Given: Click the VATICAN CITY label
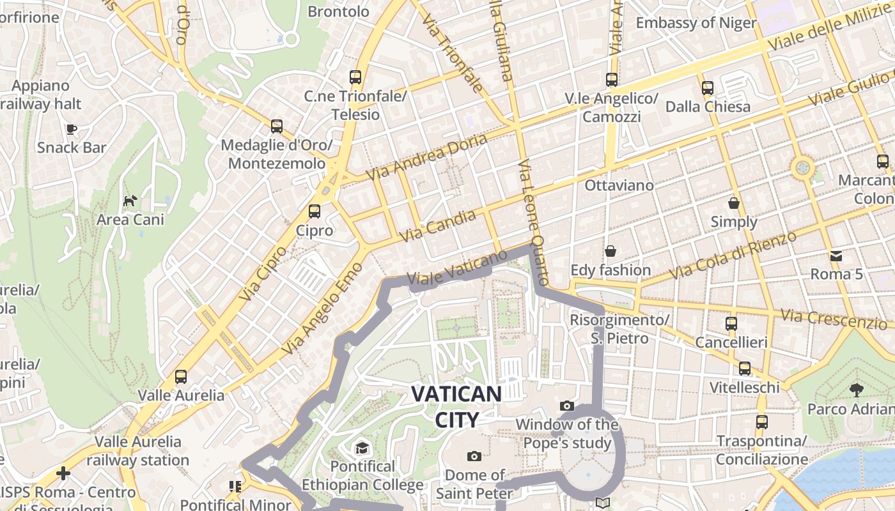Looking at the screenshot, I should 456,406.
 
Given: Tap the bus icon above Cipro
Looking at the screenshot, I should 315,211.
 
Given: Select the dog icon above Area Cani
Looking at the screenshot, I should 130,201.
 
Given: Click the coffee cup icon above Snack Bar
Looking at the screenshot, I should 72,129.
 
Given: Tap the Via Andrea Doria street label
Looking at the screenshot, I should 426,156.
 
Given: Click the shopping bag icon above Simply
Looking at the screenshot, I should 734,203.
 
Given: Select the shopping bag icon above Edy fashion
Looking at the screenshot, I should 611,251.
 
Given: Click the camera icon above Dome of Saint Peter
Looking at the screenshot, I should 474,456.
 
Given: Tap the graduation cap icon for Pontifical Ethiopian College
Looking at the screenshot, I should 362,447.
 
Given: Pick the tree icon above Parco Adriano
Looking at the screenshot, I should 855,390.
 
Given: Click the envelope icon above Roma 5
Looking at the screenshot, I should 836,256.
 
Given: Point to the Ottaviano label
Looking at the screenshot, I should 619,185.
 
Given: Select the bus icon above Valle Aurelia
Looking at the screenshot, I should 181,377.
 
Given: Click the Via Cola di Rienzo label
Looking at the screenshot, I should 733,255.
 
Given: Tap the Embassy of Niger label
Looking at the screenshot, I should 696,23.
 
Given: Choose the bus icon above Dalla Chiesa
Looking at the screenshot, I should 708,88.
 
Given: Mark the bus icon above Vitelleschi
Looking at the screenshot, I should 745,369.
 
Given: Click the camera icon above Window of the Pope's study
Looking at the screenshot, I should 567,406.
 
